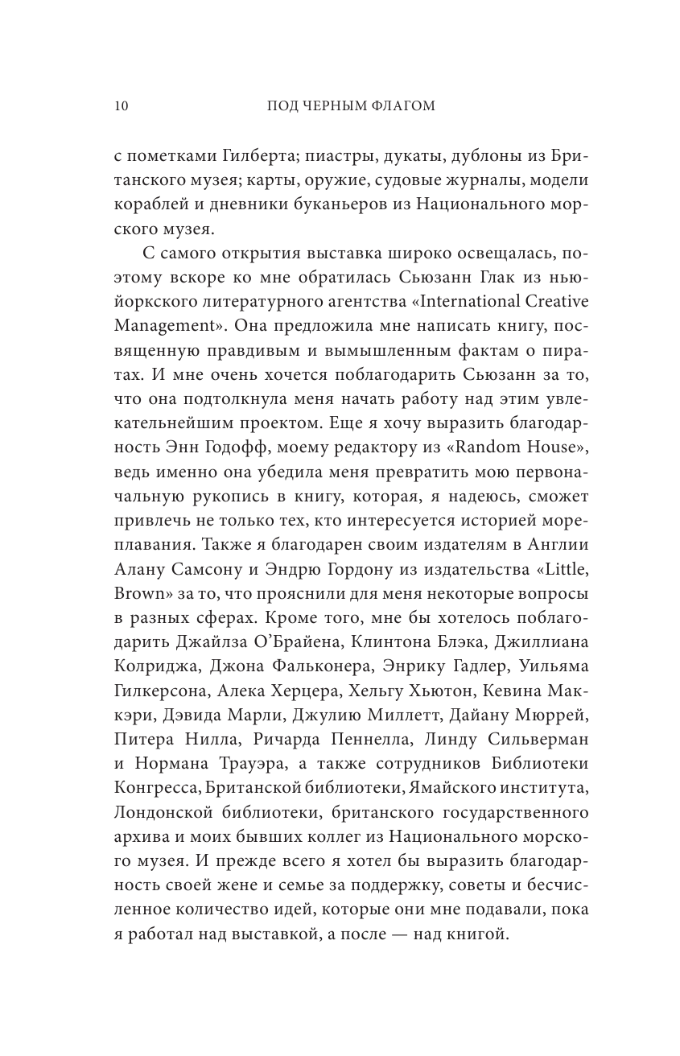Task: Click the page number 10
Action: coord(122,106)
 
